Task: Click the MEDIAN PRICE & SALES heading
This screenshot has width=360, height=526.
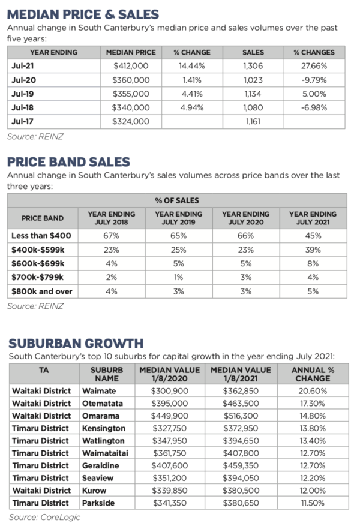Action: pyautogui.click(x=83, y=13)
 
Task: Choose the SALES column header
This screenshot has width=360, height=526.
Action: pyautogui.click(x=253, y=52)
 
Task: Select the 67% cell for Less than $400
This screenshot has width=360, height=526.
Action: pyautogui.click(x=112, y=235)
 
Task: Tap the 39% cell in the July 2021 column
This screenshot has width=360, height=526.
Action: pyautogui.click(x=313, y=250)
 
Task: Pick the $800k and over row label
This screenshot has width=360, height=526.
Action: pyautogui.click(x=42, y=291)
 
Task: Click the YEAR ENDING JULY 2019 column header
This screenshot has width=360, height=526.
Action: pyautogui.click(x=179, y=218)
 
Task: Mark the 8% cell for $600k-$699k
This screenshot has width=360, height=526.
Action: pyautogui.click(x=313, y=263)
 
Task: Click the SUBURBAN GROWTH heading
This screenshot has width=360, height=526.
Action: pyautogui.click(x=76, y=343)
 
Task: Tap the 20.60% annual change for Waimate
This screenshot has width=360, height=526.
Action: pyautogui.click(x=313, y=390)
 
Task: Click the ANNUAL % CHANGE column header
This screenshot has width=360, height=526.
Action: pyautogui.click(x=312, y=374)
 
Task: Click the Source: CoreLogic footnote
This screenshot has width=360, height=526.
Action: pyautogui.click(x=44, y=517)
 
